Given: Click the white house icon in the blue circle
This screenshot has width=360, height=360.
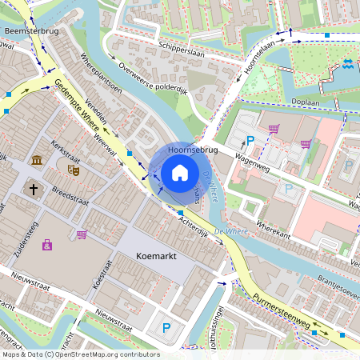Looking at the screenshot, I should click(180, 172).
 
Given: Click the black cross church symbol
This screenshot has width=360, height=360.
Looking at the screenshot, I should click(34, 190).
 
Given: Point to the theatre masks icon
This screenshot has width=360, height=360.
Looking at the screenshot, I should click(74, 170).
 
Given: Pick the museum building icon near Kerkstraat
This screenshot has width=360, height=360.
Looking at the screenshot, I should click(38, 162).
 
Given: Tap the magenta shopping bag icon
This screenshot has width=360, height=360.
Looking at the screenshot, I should click(47, 244).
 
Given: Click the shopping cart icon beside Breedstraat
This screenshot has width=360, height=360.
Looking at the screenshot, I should click(82, 234).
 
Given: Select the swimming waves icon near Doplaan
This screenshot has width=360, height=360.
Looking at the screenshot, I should click(348, 65).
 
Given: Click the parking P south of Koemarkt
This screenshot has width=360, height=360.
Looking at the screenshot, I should click(166, 327).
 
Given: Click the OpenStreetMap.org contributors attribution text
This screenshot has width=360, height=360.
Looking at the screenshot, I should click(104, 354).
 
